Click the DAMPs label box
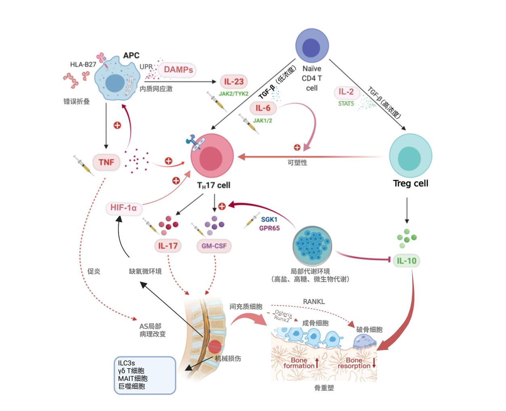click(x=178, y=70)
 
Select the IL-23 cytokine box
click(x=234, y=82)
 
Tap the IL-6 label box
click(x=262, y=108)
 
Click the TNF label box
click(x=106, y=162)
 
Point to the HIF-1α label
click(x=124, y=208)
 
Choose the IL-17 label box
click(x=168, y=246)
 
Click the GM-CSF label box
click(x=214, y=246)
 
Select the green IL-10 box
click(x=406, y=261)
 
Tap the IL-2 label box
click(x=346, y=92)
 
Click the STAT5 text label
click(x=346, y=104)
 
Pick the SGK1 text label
click(x=269, y=219)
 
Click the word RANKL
click(x=314, y=302)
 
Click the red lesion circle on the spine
click(x=214, y=346)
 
